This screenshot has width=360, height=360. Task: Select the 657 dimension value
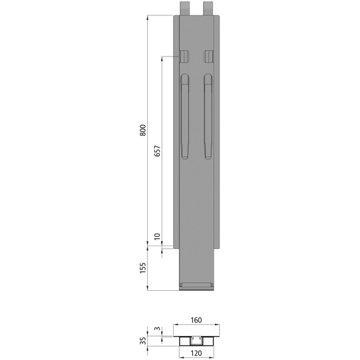click(157, 151)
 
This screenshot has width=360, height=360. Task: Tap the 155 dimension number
click(142, 268)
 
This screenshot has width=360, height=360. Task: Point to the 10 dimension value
click(157, 237)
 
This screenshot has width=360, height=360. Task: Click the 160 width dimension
click(196, 319)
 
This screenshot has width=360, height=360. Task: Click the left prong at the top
click(184, 8)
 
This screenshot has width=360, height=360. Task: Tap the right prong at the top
click(208, 8)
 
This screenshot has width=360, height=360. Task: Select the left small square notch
click(184, 55)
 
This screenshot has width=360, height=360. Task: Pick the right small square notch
click(209, 55)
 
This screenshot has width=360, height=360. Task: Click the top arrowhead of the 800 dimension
click(148, 18)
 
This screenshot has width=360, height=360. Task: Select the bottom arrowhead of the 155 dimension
click(148, 289)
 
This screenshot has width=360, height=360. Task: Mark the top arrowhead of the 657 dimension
click(162, 59)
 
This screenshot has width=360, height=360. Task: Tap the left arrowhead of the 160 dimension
click(176, 325)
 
